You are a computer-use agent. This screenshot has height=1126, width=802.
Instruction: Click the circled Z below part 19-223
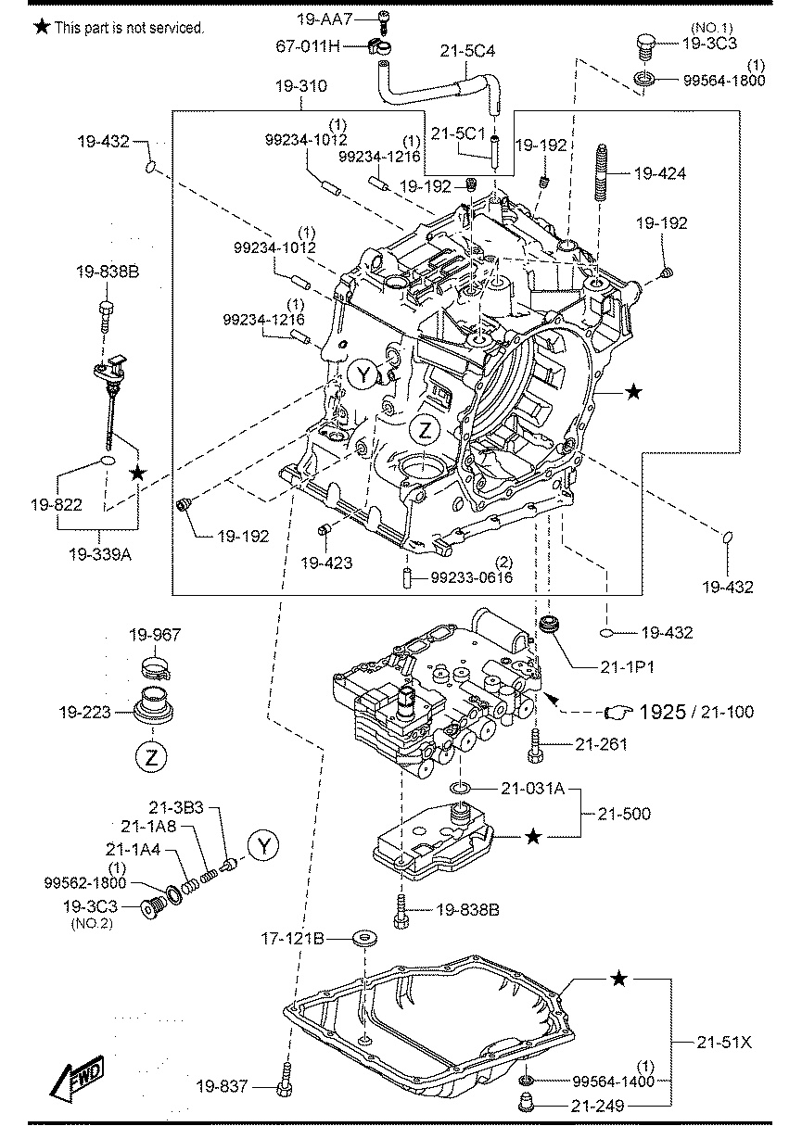pos(151,756)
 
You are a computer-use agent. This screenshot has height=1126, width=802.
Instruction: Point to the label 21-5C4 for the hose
pos(467,51)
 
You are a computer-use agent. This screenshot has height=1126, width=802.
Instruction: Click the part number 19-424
pos(660,174)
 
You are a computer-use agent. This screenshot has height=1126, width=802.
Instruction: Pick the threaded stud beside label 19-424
pos(602,172)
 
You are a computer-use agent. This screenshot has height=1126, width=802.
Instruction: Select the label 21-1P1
pos(628,667)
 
